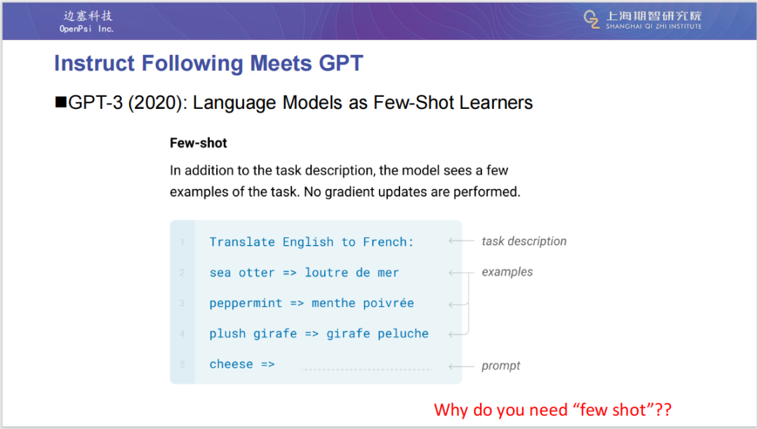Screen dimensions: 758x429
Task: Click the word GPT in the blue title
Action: [x=341, y=63]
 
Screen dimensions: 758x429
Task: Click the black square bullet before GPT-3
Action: [x=61, y=102]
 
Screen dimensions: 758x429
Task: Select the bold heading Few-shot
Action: [x=198, y=143]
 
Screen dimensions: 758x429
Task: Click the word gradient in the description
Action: [x=350, y=192]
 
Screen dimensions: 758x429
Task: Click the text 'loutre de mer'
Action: [x=352, y=273]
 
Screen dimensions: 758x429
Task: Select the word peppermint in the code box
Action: [x=246, y=304]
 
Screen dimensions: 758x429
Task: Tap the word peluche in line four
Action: [x=403, y=334]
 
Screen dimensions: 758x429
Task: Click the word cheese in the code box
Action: [x=231, y=364]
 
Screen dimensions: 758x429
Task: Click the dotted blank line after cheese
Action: [x=367, y=369]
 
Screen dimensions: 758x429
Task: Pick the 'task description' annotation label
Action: [x=524, y=242]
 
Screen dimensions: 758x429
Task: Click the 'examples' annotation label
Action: [x=507, y=272]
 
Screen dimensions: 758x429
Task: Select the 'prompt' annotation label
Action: [x=501, y=366]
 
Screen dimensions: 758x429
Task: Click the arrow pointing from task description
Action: [x=461, y=241]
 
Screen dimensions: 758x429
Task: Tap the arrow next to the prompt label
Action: [x=461, y=367]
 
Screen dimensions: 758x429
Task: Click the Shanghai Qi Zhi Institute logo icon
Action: [x=592, y=20]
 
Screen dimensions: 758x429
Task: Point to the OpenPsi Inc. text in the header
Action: [x=86, y=29]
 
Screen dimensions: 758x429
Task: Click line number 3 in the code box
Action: [x=182, y=303]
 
